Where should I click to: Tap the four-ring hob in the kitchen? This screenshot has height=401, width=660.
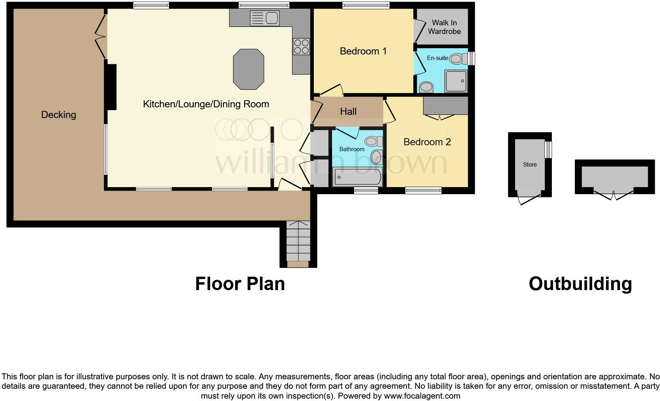(301, 46)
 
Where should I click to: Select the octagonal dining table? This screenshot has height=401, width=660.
(248, 69)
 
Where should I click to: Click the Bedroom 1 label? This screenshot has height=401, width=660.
(363, 51)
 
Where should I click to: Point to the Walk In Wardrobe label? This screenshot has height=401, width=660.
(444, 27)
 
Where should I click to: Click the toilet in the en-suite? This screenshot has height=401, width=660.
(457, 59)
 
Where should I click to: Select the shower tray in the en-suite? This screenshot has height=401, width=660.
(456, 81)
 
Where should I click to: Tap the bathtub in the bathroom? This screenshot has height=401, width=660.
(357, 177)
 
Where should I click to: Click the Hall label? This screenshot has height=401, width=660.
(348, 112)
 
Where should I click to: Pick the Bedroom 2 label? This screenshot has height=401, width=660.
(427, 142)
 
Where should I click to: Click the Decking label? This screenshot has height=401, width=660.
(58, 115)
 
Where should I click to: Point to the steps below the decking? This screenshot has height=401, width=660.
(298, 241)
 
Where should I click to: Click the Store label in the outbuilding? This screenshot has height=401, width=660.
(530, 165)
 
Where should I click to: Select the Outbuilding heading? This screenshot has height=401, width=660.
(580, 284)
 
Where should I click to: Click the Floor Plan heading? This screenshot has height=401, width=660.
(240, 284)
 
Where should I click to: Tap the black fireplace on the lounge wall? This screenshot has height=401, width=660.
(112, 87)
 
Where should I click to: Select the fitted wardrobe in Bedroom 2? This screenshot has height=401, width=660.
(445, 106)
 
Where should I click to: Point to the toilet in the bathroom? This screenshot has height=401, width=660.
(374, 141)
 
